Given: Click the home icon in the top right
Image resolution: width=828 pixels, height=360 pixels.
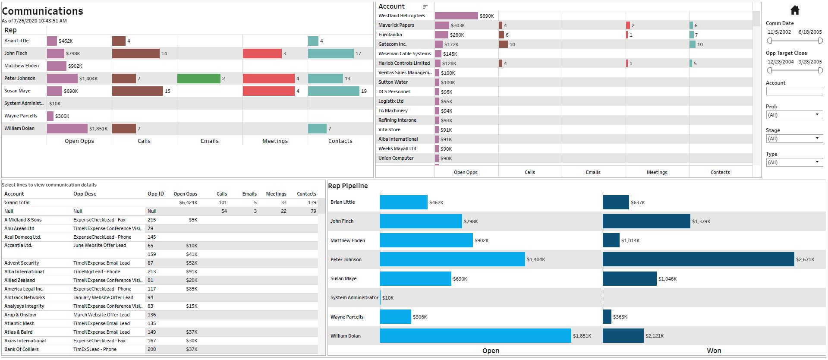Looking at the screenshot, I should [795, 10].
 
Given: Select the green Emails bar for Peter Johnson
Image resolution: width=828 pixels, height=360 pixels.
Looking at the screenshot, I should [198, 79].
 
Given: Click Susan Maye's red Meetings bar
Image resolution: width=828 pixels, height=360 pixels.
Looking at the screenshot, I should [268, 91].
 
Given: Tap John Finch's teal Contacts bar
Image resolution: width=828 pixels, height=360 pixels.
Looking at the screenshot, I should [331, 54].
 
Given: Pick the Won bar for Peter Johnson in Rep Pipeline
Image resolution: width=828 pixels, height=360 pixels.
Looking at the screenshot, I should [698, 259].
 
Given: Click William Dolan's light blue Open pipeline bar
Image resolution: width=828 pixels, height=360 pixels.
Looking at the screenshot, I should [475, 336].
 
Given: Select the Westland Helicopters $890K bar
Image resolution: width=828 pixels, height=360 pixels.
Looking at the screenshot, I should [456, 16].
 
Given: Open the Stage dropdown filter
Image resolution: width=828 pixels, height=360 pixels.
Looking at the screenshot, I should [794, 139].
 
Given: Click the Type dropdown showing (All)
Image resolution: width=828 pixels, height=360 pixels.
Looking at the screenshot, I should [794, 162].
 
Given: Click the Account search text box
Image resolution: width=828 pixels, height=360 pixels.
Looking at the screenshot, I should [794, 91].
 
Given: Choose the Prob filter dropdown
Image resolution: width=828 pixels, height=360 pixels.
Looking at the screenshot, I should [794, 115].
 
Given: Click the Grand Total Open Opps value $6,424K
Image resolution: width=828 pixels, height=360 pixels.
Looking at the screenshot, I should [188, 202].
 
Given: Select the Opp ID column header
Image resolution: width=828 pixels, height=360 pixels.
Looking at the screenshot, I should [155, 194].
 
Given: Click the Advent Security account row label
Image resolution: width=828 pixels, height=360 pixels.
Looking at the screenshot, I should [22, 263].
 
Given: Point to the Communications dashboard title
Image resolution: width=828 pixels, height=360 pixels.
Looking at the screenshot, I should [42, 11].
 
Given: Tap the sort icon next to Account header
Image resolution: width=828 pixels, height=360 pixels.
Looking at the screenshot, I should [425, 7].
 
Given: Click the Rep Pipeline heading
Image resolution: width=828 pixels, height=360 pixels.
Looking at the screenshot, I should [348, 186].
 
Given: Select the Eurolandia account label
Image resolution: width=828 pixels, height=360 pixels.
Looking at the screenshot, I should [390, 35].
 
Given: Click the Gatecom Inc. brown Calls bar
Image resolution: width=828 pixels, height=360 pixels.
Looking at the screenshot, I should [503, 44].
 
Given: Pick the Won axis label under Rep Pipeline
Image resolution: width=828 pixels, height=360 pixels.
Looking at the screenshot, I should [714, 351].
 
